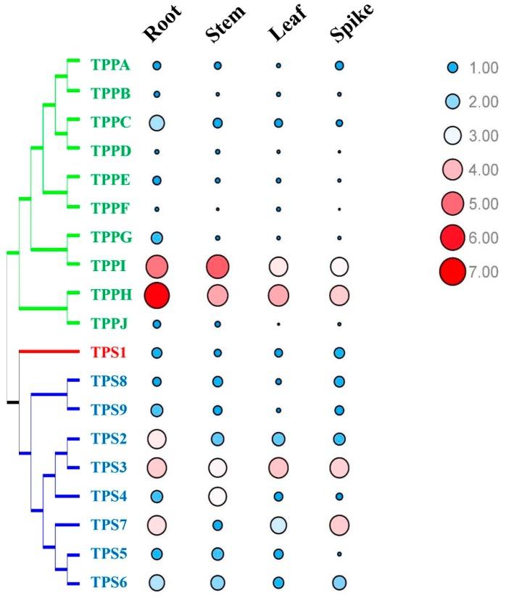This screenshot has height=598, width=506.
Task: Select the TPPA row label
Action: [110, 66]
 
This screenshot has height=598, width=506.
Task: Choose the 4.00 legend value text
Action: [482, 170]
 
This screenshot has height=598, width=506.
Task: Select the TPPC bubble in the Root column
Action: [157, 123]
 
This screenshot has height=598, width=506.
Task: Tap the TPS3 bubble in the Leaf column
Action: [278, 468]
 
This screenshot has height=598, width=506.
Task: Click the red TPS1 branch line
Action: [48, 352]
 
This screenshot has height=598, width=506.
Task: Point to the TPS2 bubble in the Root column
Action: [157, 439]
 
